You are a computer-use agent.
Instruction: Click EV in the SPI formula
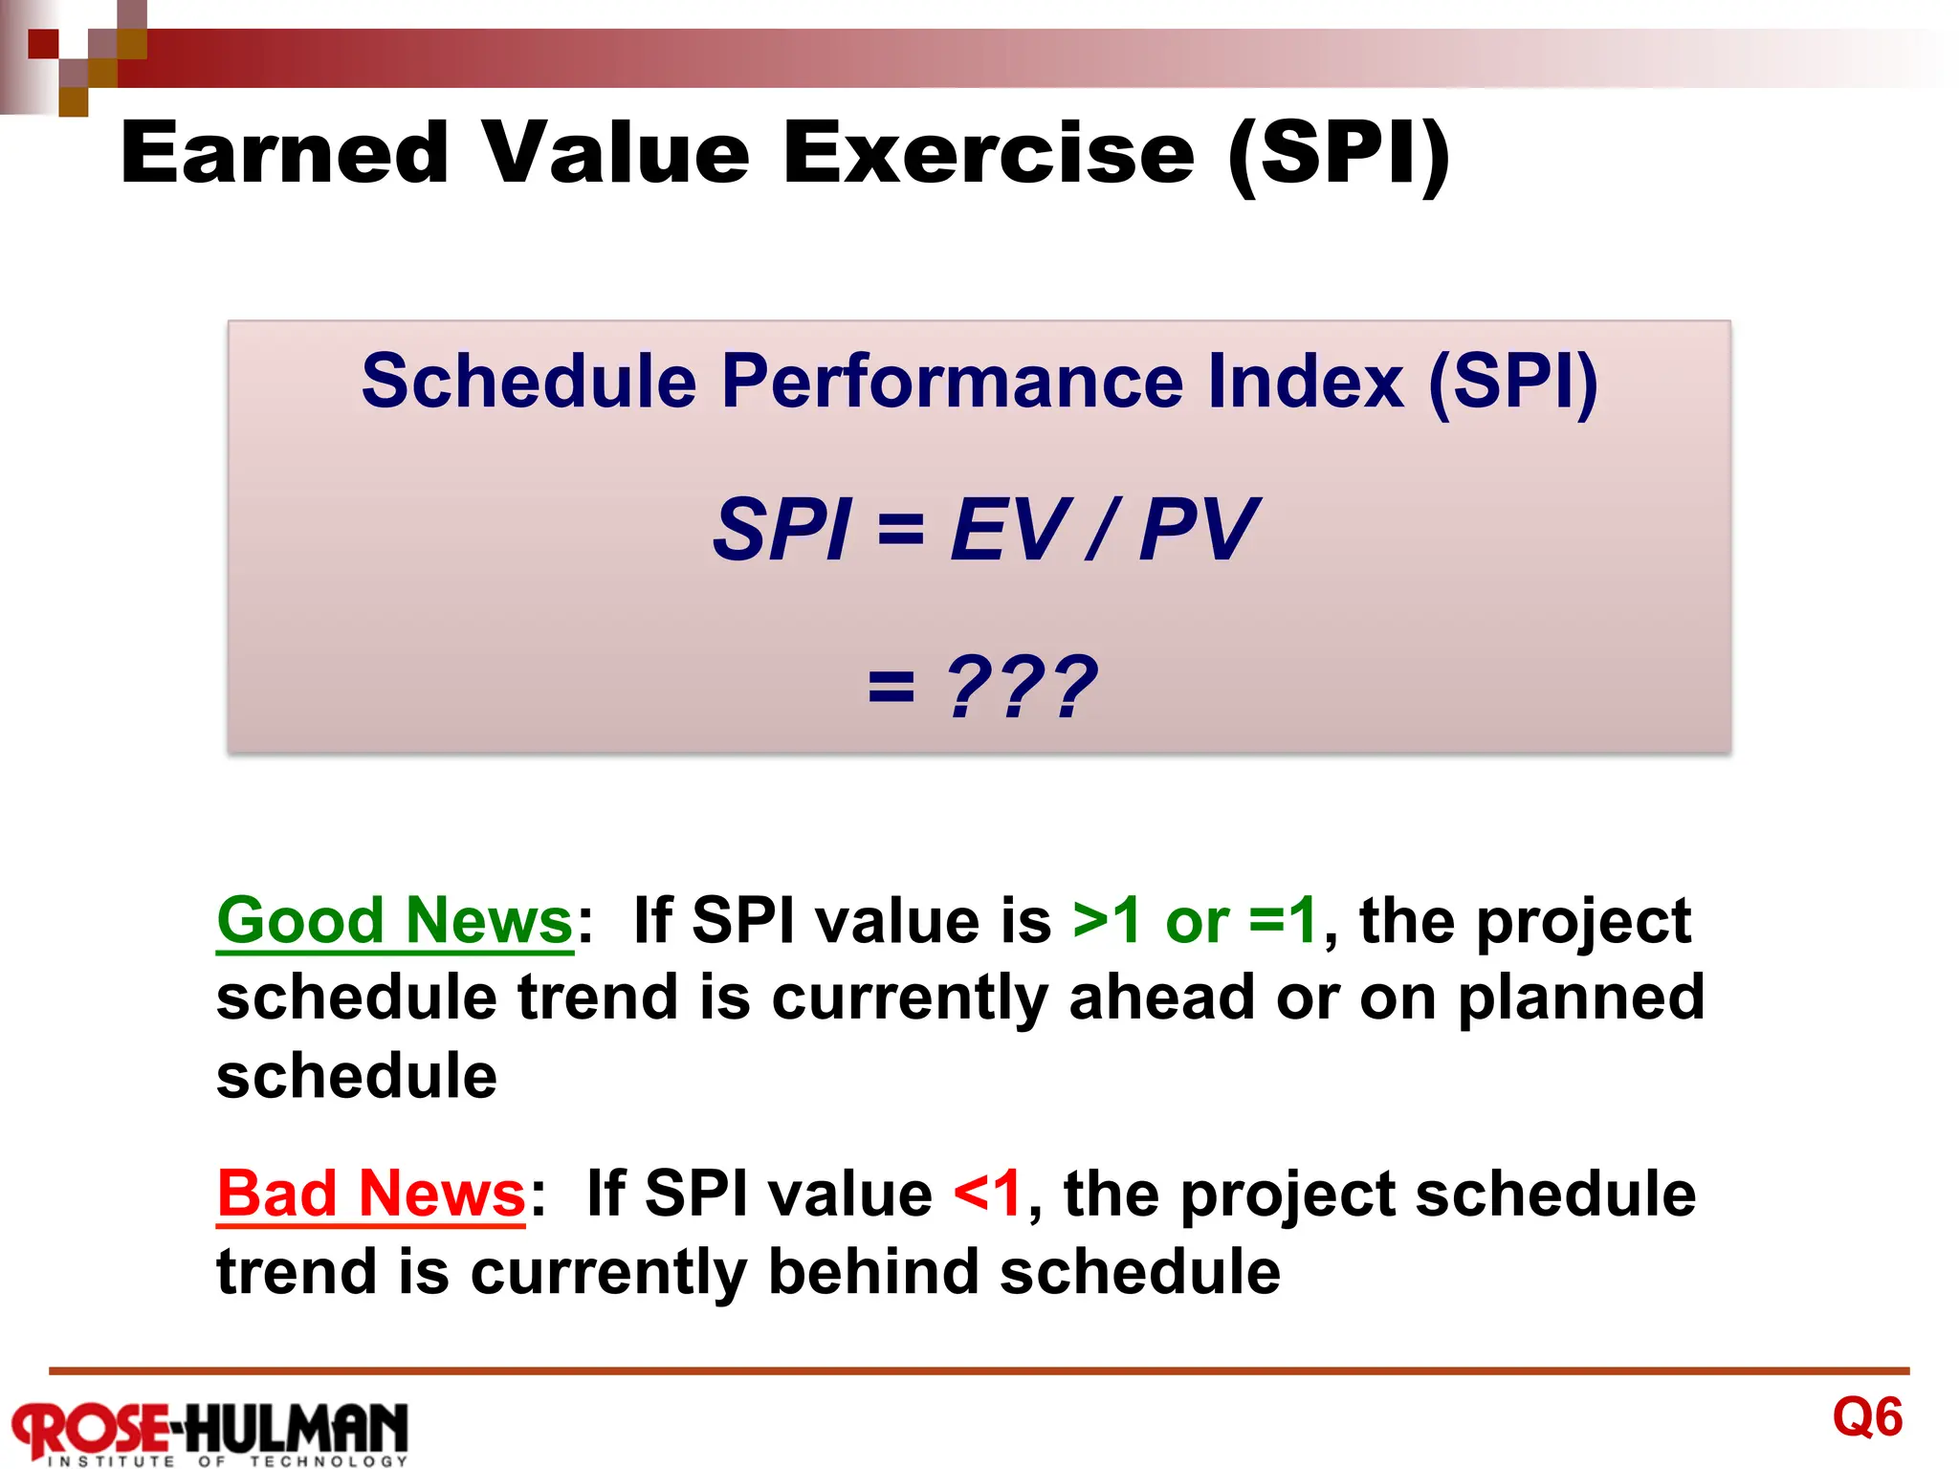1010,530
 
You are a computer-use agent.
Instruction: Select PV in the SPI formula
1199,530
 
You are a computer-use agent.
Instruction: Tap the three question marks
1021,687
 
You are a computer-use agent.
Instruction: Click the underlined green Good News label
394,920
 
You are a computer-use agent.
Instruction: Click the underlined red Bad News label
371,1194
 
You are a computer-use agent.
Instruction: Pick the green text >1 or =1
1195,920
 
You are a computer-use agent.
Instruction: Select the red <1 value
988,1194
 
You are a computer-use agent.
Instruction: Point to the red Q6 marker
1867,1416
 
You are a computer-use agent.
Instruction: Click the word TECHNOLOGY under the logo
329,1461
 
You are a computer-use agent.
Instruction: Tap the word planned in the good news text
1580,998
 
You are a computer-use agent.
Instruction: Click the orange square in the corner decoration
73,101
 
